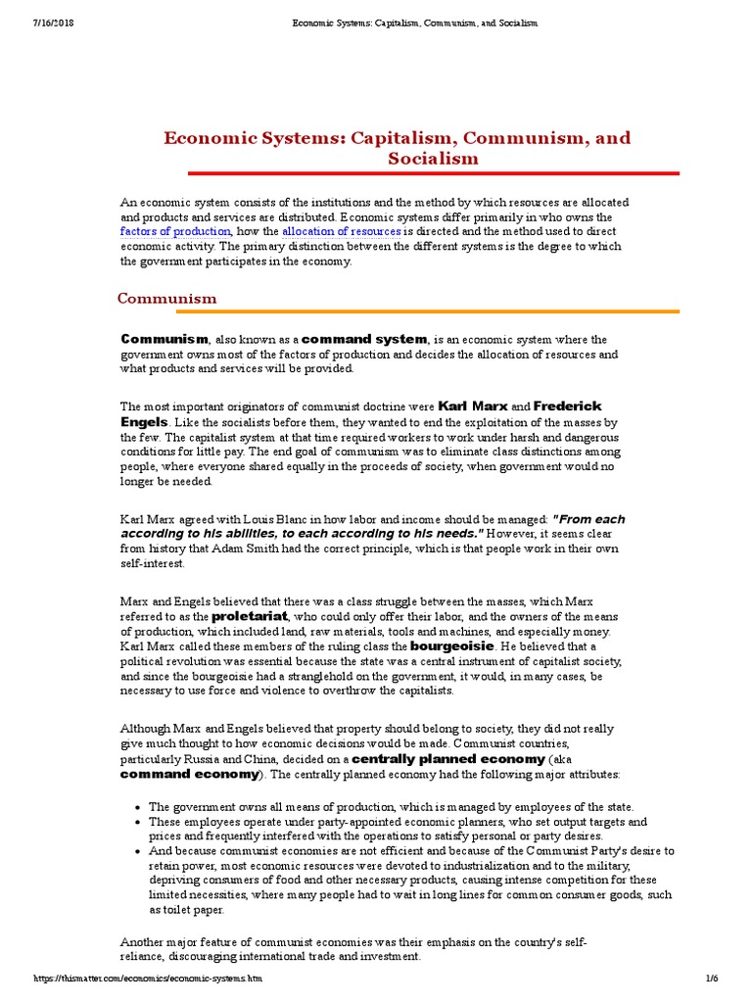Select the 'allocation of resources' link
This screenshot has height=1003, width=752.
pyautogui.click(x=341, y=231)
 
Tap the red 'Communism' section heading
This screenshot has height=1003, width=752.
pyautogui.click(x=166, y=298)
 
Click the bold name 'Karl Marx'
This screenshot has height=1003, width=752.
pyautogui.click(x=471, y=406)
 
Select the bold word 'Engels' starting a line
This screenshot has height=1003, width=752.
pyautogui.click(x=144, y=421)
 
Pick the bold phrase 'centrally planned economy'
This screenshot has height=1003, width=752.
pyautogui.click(x=447, y=759)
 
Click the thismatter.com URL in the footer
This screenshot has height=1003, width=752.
pyautogui.click(x=148, y=979)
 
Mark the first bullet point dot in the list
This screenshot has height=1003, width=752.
pyautogui.click(x=138, y=807)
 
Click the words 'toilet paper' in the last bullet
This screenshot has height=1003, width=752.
pyautogui.click(x=182, y=910)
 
